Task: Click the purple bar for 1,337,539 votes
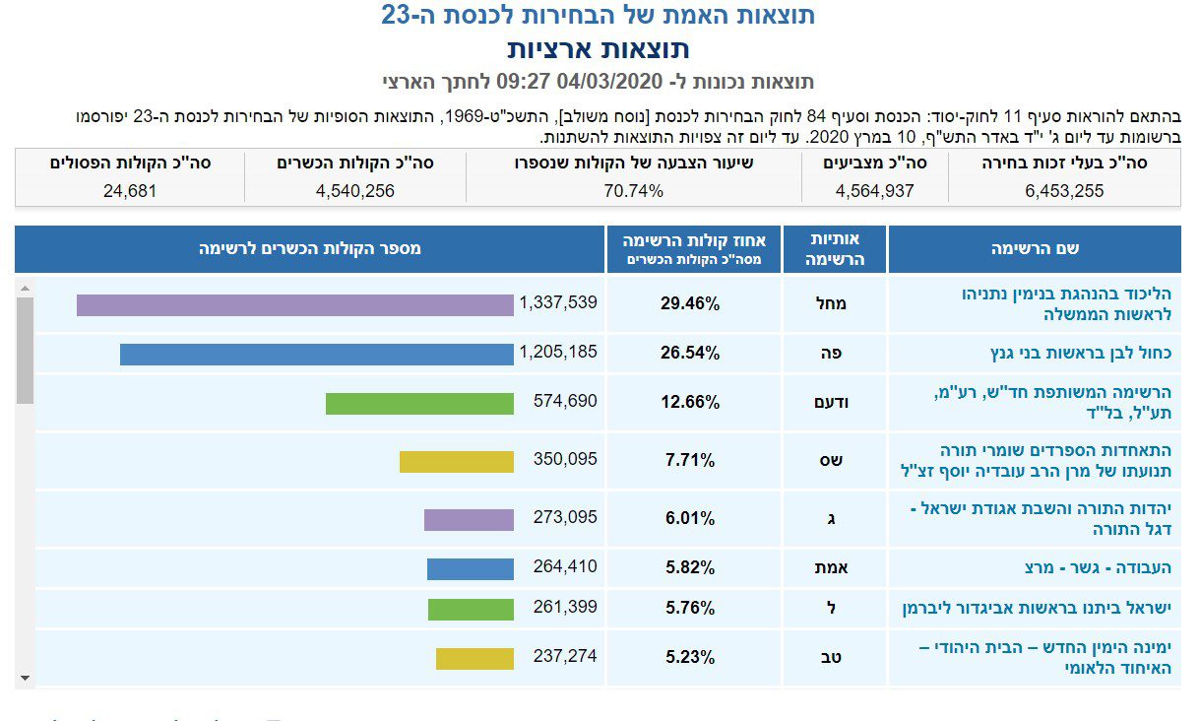click(x=295, y=305)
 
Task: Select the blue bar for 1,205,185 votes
click(x=317, y=355)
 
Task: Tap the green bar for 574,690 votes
click(x=419, y=404)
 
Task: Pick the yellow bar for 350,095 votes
click(x=457, y=462)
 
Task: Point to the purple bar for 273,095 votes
click(x=469, y=520)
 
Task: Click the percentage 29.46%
click(x=690, y=304)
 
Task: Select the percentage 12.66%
click(x=690, y=403)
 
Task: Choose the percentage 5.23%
click(x=690, y=657)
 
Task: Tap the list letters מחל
click(x=832, y=304)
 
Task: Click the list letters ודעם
click(x=832, y=403)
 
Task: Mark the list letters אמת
click(x=832, y=568)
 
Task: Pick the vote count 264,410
click(x=564, y=567)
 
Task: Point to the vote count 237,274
click(x=564, y=656)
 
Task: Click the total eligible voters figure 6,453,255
click(x=1063, y=191)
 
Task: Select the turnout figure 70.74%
click(x=632, y=191)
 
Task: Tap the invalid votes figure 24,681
click(x=130, y=191)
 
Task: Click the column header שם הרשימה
click(x=1034, y=249)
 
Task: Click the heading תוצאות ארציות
click(x=599, y=49)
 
